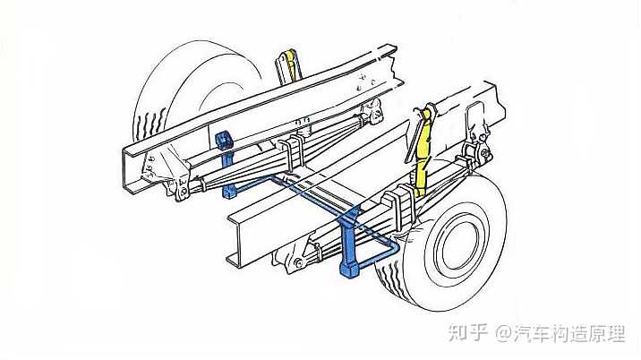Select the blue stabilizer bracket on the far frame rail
coord(225,142)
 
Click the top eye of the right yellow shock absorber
coord(427,113)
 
